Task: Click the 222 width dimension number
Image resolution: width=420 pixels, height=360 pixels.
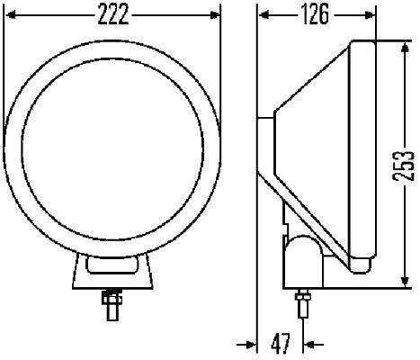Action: pyautogui.click(x=113, y=16)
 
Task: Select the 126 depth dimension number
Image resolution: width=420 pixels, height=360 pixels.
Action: pyautogui.click(x=312, y=16)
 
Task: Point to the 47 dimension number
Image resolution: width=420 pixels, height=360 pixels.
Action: pyautogui.click(x=281, y=343)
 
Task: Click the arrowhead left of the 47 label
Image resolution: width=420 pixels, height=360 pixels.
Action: pyautogui.click(x=250, y=343)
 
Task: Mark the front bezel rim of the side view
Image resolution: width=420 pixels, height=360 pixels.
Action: pyautogui.click(x=362, y=153)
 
